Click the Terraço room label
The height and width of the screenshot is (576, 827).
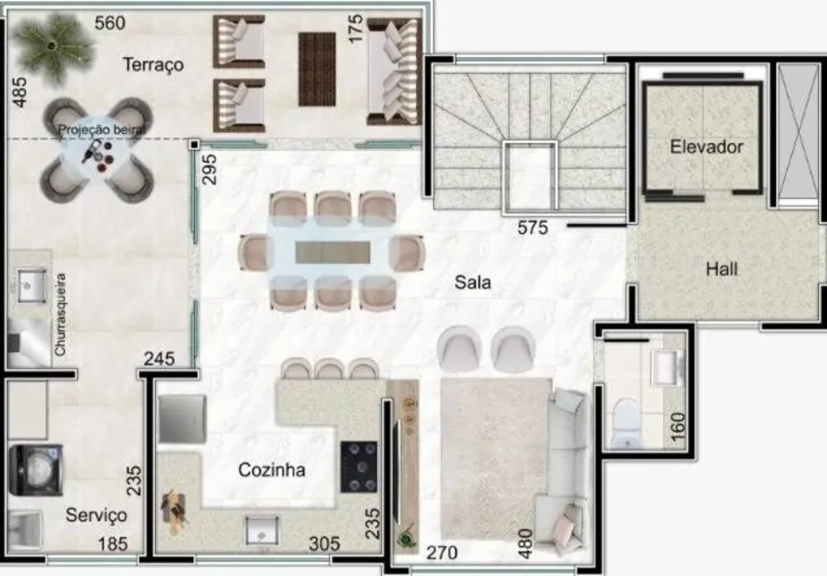click(x=153, y=64)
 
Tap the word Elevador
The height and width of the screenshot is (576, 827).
click(x=706, y=146)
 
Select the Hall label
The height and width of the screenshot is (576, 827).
click(x=721, y=269)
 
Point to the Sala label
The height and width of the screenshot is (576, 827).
click(x=472, y=283)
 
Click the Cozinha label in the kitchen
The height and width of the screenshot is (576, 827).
click(x=271, y=469)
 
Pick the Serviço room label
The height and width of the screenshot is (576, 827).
click(x=96, y=515)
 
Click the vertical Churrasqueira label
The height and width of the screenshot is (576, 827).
click(x=60, y=315)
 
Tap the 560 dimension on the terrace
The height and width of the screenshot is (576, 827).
click(x=110, y=23)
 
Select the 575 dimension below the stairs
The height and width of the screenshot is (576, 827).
click(x=533, y=227)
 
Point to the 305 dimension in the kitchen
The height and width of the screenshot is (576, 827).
click(x=324, y=543)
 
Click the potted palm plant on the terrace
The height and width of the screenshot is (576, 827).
click(x=53, y=47)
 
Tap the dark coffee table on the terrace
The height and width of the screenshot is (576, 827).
click(x=317, y=69)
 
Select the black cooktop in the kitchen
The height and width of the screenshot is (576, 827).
click(x=359, y=467)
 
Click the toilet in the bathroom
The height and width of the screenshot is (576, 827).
click(x=626, y=422)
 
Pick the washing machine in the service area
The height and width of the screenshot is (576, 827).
click(x=36, y=470)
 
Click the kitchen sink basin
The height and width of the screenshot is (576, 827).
click(x=262, y=531)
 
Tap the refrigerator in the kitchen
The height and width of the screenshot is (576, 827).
click(x=181, y=419)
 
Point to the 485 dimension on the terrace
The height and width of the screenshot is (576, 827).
click(x=20, y=93)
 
